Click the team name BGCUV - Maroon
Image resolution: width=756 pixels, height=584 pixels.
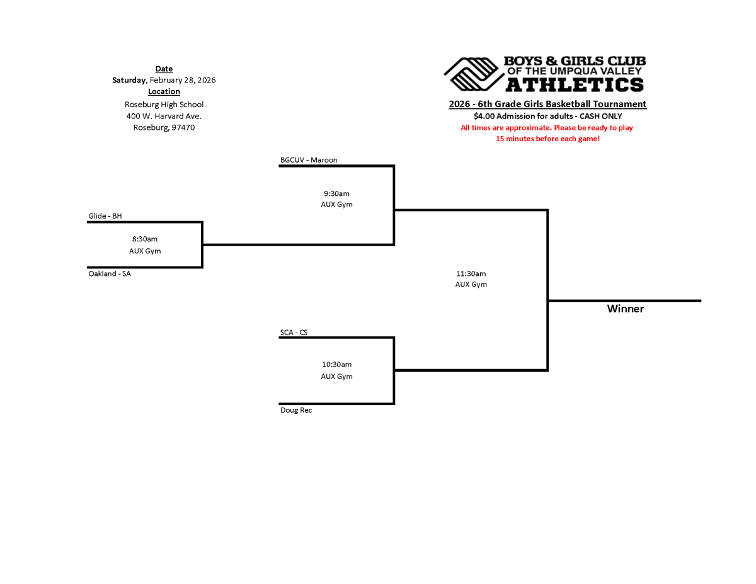point(309,160)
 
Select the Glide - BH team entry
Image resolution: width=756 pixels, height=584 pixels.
point(105,216)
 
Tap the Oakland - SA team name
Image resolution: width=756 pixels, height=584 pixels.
point(110,274)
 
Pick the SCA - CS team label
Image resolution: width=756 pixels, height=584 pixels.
point(294,332)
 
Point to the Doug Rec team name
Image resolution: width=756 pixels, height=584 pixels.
point(296,410)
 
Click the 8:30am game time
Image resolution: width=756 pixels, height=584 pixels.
point(145,239)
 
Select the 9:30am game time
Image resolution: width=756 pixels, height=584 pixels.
point(336,193)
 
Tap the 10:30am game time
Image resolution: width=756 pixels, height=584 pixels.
point(336,364)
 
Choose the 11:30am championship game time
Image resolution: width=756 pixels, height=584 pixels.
point(471,273)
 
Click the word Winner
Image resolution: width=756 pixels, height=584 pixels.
point(626,309)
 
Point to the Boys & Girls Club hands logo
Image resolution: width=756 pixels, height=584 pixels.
point(472,74)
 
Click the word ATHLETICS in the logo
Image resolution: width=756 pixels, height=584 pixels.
point(575,84)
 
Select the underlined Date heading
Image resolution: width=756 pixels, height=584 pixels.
point(164,69)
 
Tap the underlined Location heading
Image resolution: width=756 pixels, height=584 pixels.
point(164,91)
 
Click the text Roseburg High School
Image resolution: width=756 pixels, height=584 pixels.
point(164,105)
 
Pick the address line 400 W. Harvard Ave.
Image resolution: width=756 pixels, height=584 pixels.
point(164,116)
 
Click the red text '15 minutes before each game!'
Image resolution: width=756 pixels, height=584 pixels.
point(547,139)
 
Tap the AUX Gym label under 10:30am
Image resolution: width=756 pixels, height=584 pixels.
point(336,376)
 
